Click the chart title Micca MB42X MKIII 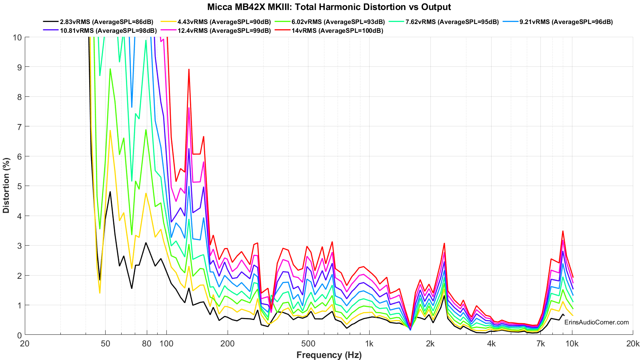(329, 7)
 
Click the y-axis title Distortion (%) (6, 186)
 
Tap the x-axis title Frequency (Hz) (329, 355)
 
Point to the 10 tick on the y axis (17, 37)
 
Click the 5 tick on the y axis (19, 186)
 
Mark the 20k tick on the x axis (633, 344)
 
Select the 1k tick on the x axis (369, 344)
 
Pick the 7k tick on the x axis (540, 344)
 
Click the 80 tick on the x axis (146, 344)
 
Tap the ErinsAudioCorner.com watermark (596, 322)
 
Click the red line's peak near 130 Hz (189, 69)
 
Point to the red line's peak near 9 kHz (563, 231)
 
